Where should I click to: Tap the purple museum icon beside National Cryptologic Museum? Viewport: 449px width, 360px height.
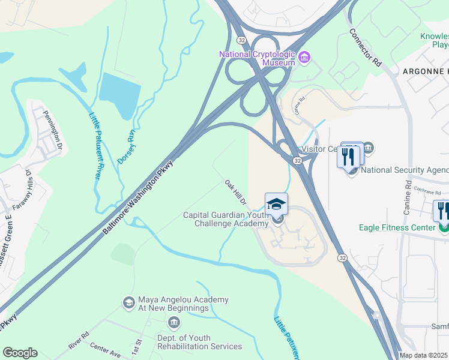tap(304, 58)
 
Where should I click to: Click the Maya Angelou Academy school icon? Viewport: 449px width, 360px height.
tap(128, 303)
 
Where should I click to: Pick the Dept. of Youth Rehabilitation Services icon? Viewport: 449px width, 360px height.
tap(174, 324)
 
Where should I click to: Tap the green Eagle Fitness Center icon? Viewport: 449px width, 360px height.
tap(443, 227)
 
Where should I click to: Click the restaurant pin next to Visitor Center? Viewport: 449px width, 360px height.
tap(349, 157)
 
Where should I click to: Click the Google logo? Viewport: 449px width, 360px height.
tap(20, 353)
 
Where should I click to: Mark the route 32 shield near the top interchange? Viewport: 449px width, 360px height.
tap(241, 40)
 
